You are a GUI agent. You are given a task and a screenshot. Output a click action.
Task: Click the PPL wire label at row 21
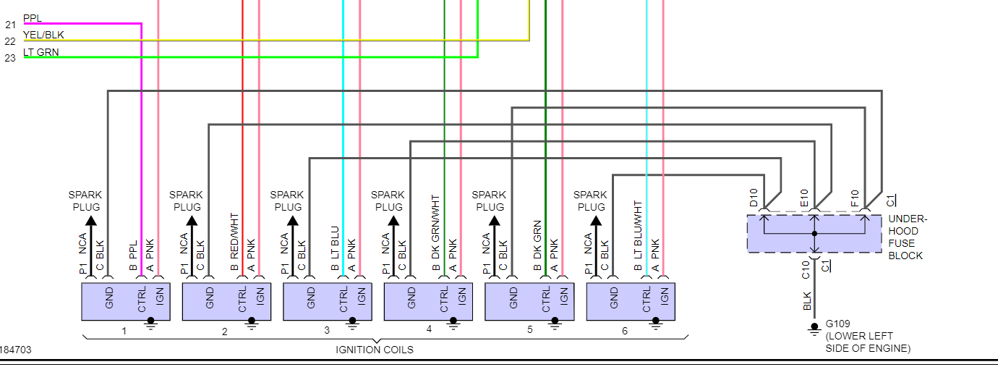pyautogui.click(x=33, y=17)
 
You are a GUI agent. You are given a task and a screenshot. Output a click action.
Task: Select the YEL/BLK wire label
pyautogui.click(x=44, y=35)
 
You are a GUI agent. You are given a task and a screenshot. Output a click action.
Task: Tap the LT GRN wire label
pyautogui.click(x=41, y=52)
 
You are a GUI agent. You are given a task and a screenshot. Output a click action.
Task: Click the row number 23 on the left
pyautogui.click(x=10, y=59)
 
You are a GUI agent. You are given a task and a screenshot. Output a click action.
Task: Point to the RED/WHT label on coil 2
pyautogui.click(x=234, y=236)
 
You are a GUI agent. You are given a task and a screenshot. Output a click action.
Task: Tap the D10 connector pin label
pyautogui.click(x=754, y=198)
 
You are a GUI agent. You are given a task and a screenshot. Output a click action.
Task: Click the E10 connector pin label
pyautogui.click(x=804, y=198)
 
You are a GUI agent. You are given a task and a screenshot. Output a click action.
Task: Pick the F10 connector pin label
pyautogui.click(x=855, y=198)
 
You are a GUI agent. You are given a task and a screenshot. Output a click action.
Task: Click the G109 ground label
pyautogui.click(x=838, y=324)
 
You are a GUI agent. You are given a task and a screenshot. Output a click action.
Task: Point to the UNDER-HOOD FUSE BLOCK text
pyautogui.click(x=908, y=237)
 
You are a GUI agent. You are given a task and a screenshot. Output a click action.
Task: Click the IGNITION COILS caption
pyautogui.click(x=375, y=350)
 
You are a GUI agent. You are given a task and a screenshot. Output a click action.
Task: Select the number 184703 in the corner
pyautogui.click(x=16, y=350)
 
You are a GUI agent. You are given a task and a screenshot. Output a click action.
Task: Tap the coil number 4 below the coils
pyautogui.click(x=429, y=329)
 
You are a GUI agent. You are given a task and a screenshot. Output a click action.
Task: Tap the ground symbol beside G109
pyautogui.click(x=814, y=329)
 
